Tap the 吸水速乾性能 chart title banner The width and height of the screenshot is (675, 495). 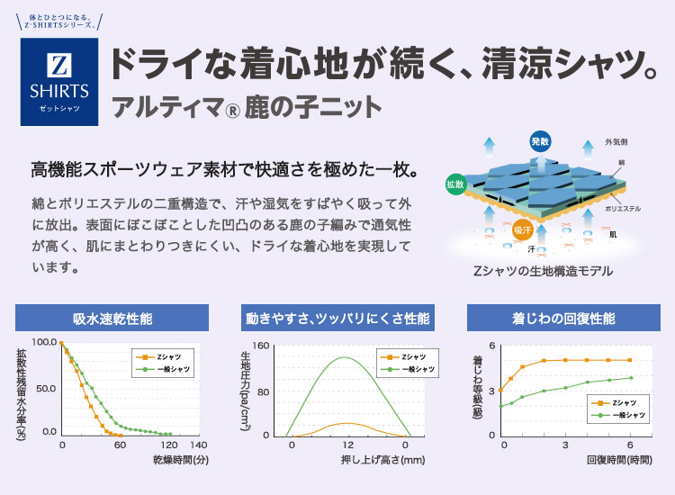(112, 319)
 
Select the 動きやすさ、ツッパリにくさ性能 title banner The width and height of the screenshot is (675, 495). (337, 319)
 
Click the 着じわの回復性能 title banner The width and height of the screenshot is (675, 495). (562, 319)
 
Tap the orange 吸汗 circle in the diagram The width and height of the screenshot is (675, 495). (523, 230)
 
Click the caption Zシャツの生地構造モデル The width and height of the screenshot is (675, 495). (542, 270)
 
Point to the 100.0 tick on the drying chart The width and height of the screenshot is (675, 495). (44, 343)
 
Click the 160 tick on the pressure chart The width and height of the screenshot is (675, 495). (260, 346)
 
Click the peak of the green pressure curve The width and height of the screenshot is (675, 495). (346, 358)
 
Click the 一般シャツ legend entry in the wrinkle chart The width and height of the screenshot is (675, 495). (627, 415)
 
